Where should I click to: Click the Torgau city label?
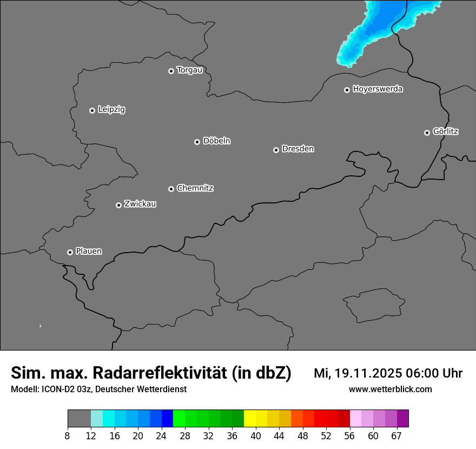pyautogui.click(x=189, y=70)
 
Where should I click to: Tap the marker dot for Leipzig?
pyautogui.click(x=92, y=110)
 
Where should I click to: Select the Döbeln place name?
pyautogui.click(x=216, y=141)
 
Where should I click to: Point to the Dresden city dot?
pyautogui.click(x=276, y=150)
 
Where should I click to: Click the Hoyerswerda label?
pyautogui.click(x=378, y=89)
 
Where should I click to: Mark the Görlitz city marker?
pyautogui.click(x=427, y=133)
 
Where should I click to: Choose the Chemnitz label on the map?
pyautogui.click(x=195, y=188)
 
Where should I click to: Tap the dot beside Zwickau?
pyautogui.click(x=118, y=205)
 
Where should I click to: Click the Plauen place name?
pyautogui.click(x=89, y=252)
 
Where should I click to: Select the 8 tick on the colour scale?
pyautogui.click(x=68, y=436)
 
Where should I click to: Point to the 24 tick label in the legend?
pyautogui.click(x=161, y=436)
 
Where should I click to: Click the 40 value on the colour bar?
pyautogui.click(x=256, y=436)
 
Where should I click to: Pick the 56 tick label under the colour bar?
pyautogui.click(x=350, y=436)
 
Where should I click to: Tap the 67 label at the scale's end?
pyautogui.click(x=396, y=436)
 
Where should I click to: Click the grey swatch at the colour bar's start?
pyautogui.click(x=79, y=419)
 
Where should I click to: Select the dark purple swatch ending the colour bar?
pyautogui.click(x=403, y=419)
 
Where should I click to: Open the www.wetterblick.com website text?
pyautogui.click(x=390, y=389)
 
